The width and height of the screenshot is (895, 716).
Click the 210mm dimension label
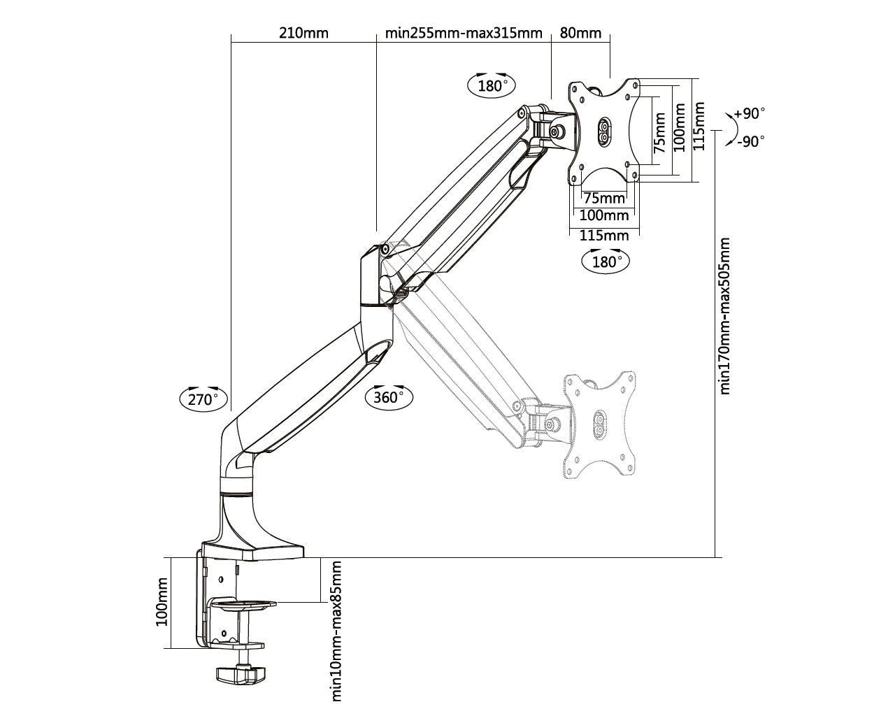303,32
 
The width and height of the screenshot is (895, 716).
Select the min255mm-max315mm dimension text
464,32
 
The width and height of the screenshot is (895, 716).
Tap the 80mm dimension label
580,32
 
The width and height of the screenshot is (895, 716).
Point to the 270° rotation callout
203,399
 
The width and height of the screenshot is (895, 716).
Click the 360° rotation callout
389,396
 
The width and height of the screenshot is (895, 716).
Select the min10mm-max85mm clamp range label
336,630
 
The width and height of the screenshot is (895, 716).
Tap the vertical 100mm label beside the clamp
162,602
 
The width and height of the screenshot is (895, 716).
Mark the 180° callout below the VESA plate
606,262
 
